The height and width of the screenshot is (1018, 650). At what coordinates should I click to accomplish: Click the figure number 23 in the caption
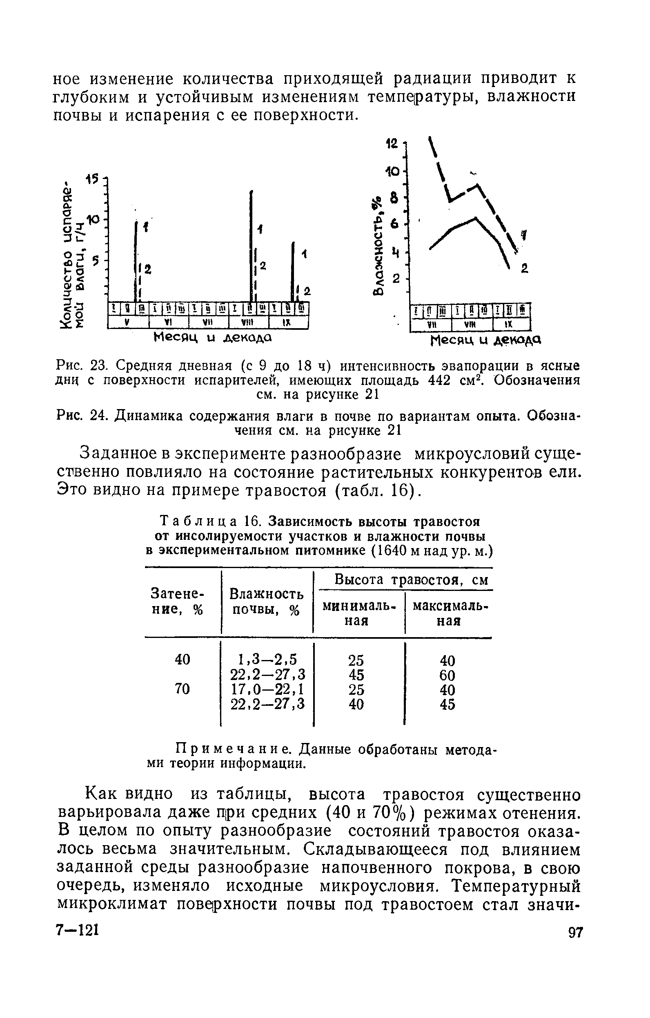100,365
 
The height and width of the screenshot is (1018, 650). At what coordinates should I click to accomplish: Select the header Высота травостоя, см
412,579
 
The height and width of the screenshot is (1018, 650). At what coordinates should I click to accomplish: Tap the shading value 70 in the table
183,689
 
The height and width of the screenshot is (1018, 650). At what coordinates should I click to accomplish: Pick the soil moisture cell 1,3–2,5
267,660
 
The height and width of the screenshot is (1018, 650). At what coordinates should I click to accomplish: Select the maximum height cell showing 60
447,675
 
